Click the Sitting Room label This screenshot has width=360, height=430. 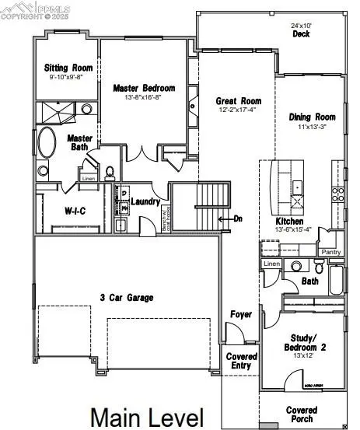coord(68,68)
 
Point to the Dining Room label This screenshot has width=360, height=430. coord(310,117)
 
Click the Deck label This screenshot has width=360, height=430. coord(301,34)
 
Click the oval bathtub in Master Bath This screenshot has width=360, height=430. coord(47,145)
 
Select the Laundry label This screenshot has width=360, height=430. coord(145,202)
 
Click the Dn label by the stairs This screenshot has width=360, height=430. coord(238,218)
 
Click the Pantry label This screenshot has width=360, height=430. coord(331,252)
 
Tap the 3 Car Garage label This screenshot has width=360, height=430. coord(126,297)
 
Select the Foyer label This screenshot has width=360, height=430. coord(240,314)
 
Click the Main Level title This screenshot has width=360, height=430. coord(147,417)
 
